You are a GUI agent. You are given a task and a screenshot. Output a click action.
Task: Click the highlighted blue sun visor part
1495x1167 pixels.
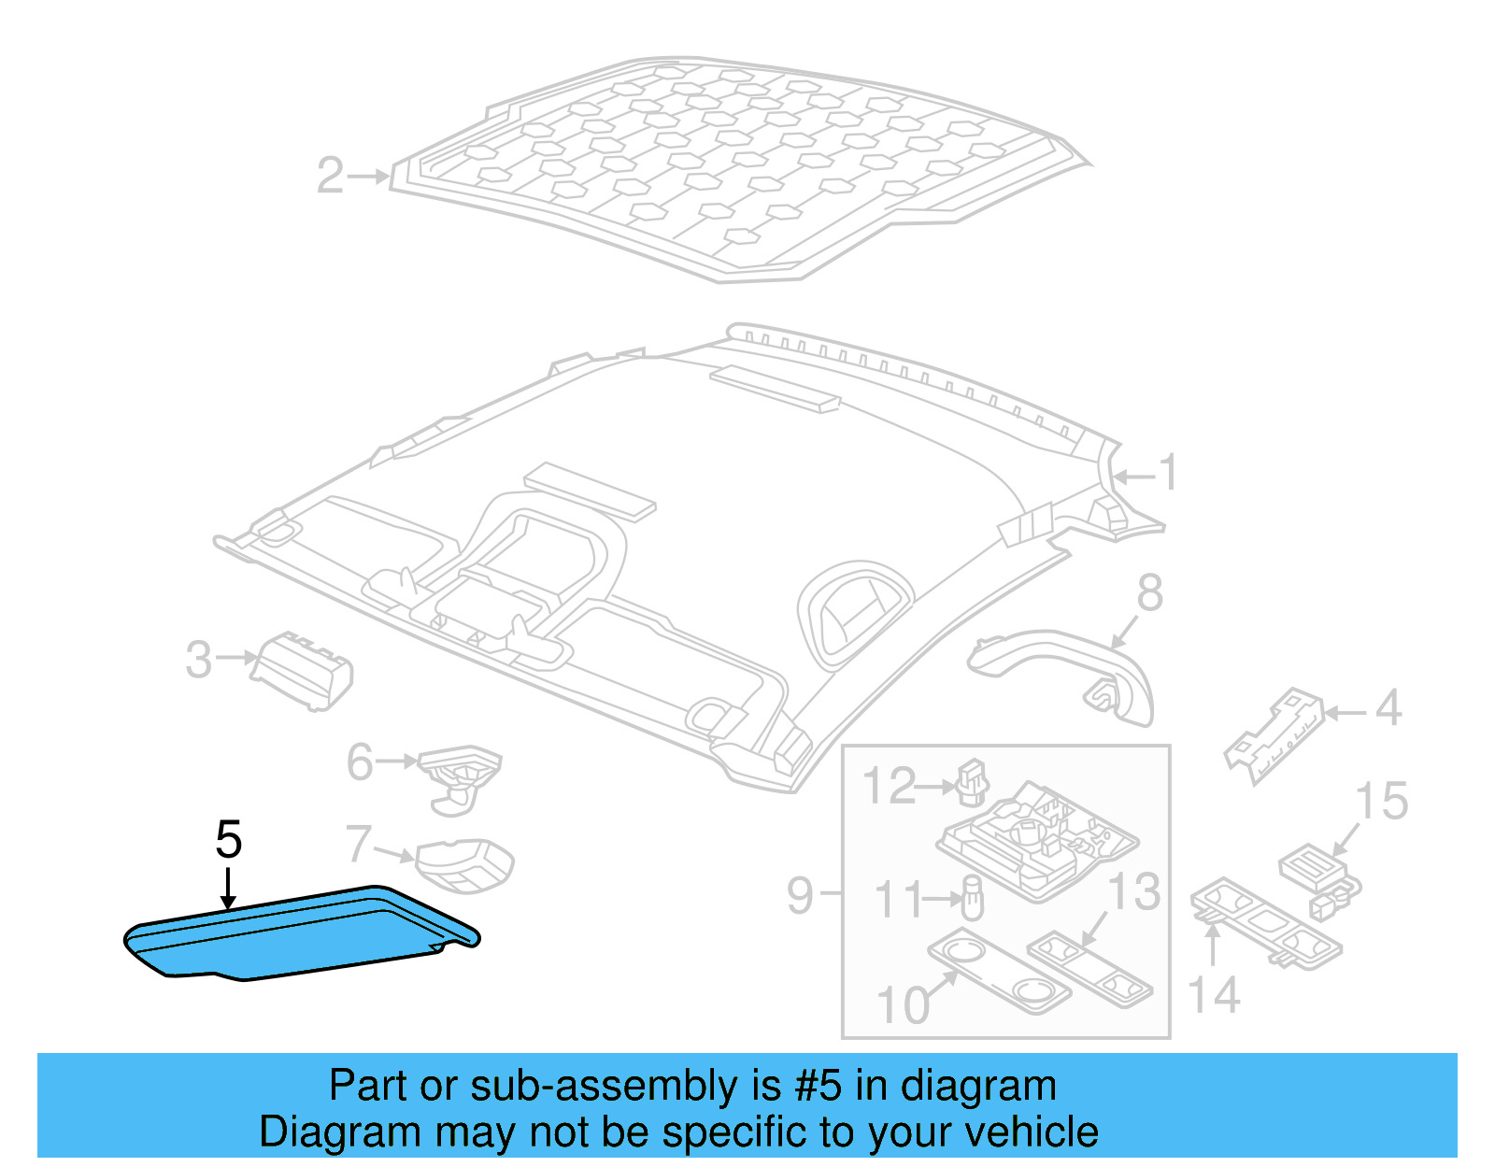(299, 934)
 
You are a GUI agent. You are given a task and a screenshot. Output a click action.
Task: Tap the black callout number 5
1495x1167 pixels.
(229, 839)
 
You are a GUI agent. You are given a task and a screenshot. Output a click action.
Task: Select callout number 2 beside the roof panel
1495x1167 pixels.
(331, 176)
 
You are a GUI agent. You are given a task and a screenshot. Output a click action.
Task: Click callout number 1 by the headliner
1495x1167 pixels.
(1168, 473)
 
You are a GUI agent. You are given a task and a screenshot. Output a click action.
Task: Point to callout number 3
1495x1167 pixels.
(199, 660)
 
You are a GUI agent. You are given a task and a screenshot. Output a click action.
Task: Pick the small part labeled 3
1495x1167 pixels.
(305, 670)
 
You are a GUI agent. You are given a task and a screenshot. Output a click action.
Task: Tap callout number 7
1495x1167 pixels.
(358, 844)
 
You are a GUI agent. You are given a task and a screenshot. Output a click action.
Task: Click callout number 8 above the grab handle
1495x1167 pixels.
(1150, 592)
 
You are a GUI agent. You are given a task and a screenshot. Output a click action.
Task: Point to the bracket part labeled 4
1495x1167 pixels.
(1274, 734)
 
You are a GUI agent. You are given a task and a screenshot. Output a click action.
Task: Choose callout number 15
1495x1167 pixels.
(1381, 802)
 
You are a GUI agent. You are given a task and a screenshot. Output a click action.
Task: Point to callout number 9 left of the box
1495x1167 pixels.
(801, 895)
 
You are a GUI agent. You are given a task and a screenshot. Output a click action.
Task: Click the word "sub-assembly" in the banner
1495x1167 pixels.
(605, 1087)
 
